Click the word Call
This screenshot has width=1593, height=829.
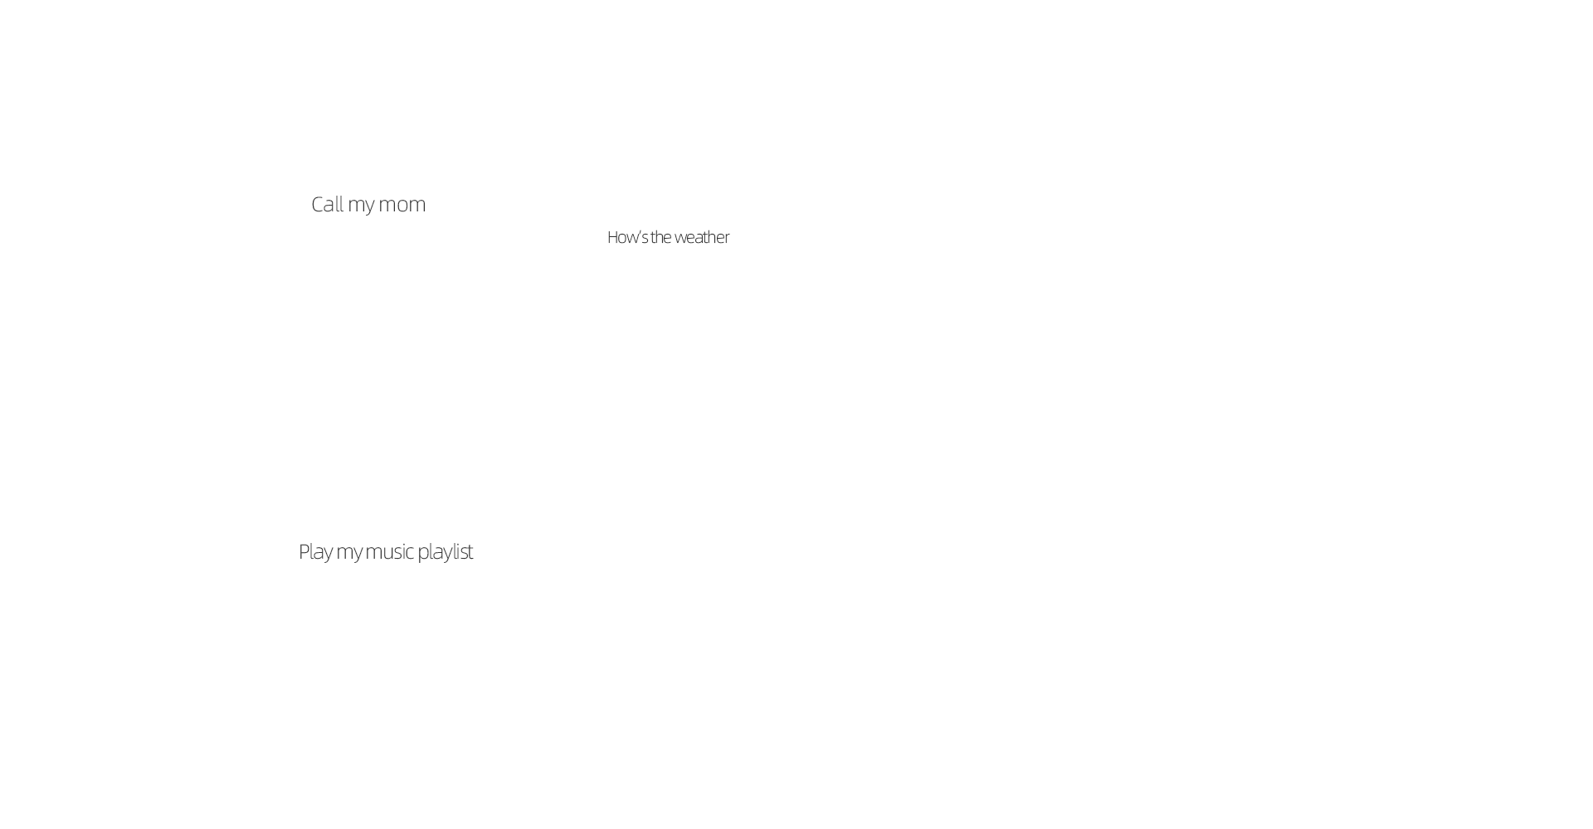tap(327, 204)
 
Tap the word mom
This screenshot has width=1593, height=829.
tap(402, 206)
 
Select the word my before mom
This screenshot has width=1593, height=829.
tap(361, 207)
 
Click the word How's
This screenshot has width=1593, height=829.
tap(627, 237)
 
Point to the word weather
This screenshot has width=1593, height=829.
tap(702, 237)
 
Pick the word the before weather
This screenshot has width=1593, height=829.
tap(660, 237)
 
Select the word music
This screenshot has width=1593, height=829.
tap(389, 551)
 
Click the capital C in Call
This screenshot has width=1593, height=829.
tap(318, 204)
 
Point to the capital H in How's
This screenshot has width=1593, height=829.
tap(613, 237)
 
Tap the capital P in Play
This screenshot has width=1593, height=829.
tap(304, 551)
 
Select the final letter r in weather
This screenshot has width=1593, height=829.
tap(727, 239)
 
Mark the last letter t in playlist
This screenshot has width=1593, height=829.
tap(470, 552)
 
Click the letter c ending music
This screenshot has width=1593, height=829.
tap(409, 553)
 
